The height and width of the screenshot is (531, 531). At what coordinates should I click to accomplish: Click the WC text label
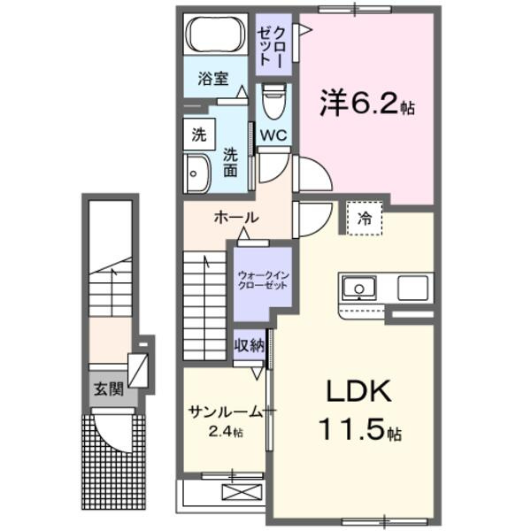[x=275, y=135]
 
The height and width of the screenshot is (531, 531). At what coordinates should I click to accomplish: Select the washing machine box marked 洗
[x=199, y=135]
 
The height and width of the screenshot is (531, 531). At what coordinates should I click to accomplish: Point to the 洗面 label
[x=230, y=161]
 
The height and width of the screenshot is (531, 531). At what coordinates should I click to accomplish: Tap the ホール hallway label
[x=235, y=218]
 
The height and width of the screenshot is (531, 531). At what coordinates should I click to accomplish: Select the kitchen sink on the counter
[x=359, y=289]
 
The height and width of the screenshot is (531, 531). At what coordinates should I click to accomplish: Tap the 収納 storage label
[x=249, y=345]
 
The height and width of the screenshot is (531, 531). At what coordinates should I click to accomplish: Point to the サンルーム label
[x=225, y=412]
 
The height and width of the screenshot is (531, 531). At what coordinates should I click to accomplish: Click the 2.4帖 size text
[x=225, y=433]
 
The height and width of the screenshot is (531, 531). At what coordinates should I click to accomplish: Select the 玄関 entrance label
[x=111, y=387]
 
